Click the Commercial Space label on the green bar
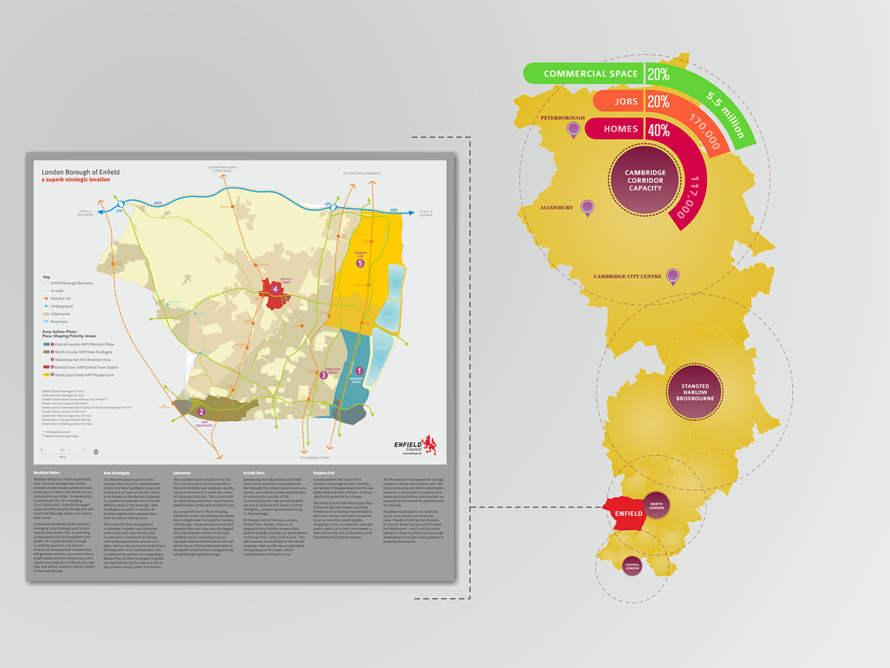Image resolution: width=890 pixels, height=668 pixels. point(590,74)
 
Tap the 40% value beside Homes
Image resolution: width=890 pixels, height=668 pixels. point(658,130)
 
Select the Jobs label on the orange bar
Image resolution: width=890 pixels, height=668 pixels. point(626,101)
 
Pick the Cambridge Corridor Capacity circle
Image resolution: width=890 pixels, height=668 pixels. point(645,180)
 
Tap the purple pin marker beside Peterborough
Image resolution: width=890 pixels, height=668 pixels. point(574,129)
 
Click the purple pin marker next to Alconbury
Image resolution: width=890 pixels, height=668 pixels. point(587,207)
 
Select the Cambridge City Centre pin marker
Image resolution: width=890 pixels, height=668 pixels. point(672,276)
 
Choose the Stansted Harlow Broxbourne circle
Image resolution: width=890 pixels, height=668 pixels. point(695,392)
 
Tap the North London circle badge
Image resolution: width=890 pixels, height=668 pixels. point(656,505)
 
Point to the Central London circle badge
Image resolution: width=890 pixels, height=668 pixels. point(632,566)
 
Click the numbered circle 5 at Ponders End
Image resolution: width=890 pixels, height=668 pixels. point(360,263)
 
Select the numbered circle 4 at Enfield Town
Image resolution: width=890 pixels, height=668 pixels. point(275,289)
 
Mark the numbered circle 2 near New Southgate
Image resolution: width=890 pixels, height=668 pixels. point(202,412)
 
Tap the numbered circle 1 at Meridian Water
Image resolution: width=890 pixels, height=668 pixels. point(359,371)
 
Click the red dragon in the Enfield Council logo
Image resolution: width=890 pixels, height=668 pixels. point(430,444)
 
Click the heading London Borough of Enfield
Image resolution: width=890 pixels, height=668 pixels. point(81,172)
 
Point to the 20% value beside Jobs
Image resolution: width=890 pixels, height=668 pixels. point(658,102)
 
